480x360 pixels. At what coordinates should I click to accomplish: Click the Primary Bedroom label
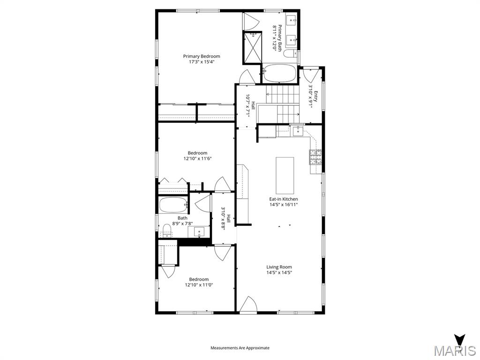click(x=201, y=56)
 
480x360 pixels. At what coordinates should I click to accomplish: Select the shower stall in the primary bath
click(x=253, y=47)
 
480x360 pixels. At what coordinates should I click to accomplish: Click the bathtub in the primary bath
click(x=279, y=74)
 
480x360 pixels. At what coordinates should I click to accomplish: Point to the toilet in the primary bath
click(x=290, y=54)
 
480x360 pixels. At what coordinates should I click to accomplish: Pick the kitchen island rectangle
click(x=285, y=175)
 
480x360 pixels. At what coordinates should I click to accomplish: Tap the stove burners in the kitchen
click(x=315, y=157)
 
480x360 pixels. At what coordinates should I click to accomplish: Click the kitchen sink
click(x=298, y=131)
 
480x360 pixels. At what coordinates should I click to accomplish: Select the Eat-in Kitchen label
click(x=283, y=199)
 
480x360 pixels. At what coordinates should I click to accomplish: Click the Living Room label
click(x=279, y=267)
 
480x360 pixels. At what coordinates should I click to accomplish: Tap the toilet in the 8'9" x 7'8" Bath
click(x=166, y=230)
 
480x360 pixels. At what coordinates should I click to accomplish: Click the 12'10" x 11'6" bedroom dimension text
click(x=197, y=159)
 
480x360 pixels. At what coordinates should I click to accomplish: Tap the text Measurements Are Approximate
click(x=240, y=348)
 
